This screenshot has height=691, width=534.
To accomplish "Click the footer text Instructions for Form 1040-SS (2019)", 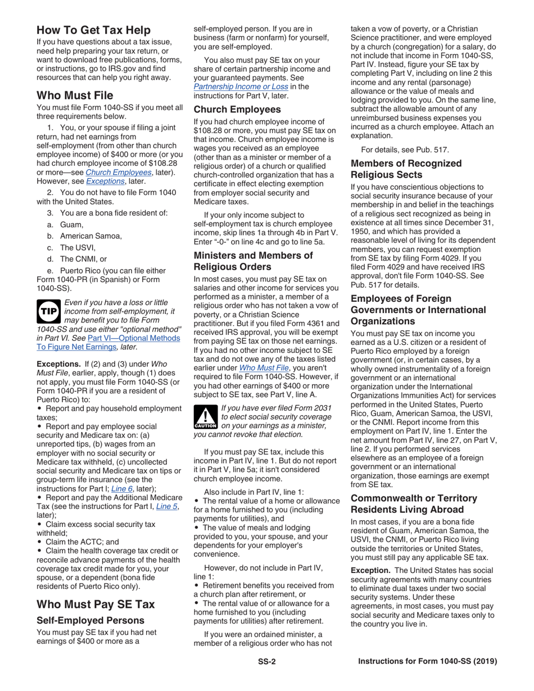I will click(x=427, y=661).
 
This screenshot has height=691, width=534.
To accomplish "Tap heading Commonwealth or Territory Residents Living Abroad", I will click(x=414, y=504).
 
